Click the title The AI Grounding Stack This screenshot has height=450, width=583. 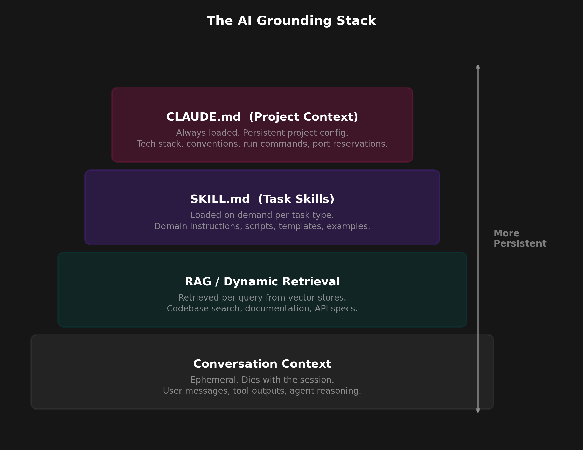tap(291, 21)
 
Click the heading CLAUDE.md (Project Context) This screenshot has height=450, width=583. tap(262, 117)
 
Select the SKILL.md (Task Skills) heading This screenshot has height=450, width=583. tap(262, 199)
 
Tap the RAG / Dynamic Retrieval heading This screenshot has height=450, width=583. tap(262, 282)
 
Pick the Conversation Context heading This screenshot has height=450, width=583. tap(262, 364)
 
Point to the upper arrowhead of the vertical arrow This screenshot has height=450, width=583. tap(478, 67)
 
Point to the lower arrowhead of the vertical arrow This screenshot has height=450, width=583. tap(478, 410)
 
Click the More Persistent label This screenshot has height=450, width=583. tap(519, 238)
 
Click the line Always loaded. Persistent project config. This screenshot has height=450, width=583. tap(262, 133)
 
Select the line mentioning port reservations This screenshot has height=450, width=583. tap(262, 144)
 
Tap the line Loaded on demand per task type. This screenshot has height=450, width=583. tap(262, 215)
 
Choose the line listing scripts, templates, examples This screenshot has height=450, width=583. tap(262, 226)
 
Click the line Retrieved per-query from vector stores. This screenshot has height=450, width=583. tap(262, 298)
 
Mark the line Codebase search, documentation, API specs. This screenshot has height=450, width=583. tap(262, 309)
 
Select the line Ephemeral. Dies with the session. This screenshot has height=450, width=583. tap(262, 380)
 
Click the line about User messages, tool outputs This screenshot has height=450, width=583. tap(262, 391)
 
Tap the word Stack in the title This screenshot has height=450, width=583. tap(356, 21)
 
